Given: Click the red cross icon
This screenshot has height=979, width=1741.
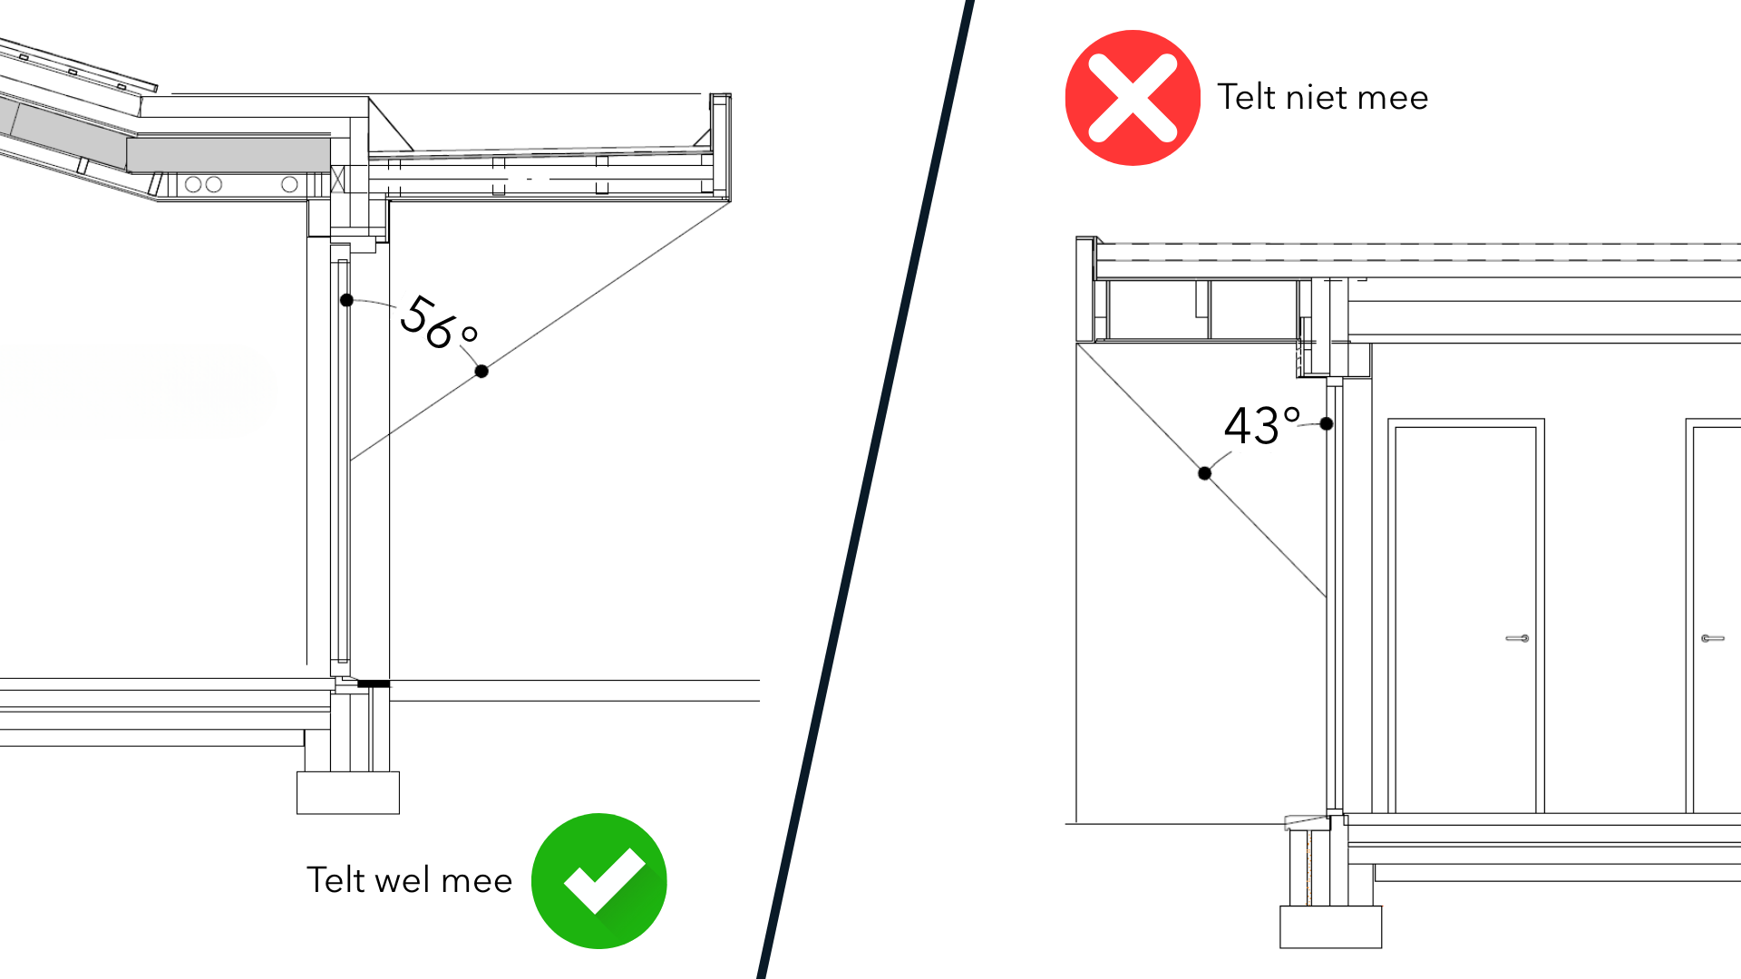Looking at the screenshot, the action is click(x=1133, y=98).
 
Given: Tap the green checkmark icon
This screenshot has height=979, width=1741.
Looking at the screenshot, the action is click(x=599, y=881).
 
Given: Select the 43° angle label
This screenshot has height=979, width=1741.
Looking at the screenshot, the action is click(x=1261, y=425).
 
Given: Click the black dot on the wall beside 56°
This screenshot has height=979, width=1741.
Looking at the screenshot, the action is click(x=346, y=300).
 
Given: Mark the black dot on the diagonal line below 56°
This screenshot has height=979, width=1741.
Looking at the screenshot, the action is click(x=481, y=371).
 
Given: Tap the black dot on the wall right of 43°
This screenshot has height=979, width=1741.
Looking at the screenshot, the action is click(x=1327, y=423).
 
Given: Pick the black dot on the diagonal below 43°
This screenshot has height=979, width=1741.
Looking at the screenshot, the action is click(x=1204, y=473).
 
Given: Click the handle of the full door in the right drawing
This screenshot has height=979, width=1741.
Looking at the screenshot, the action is click(x=1518, y=638).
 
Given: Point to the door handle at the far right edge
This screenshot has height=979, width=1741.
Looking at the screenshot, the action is click(x=1712, y=638).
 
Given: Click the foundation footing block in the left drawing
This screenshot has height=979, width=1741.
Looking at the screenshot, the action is click(x=348, y=793).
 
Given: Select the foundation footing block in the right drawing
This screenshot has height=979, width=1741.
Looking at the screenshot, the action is click(x=1330, y=926).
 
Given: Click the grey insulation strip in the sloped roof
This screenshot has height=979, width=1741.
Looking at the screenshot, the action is click(x=229, y=155).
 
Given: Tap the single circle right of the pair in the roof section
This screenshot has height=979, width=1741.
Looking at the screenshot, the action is click(x=289, y=185).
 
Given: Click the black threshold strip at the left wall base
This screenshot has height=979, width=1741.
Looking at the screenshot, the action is click(x=373, y=683).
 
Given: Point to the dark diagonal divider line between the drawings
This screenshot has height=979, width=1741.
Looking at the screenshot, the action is click(x=866, y=489).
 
